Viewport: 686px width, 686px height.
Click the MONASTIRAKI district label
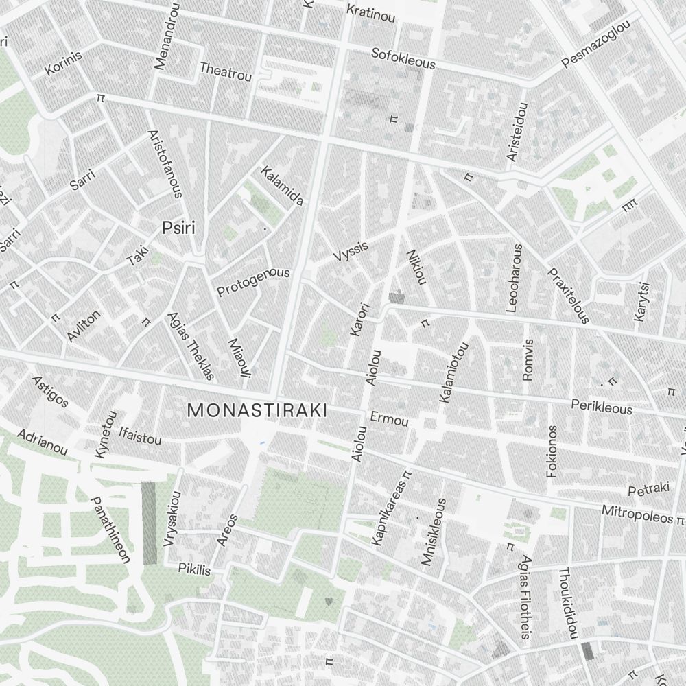pyautogui.click(x=257, y=410)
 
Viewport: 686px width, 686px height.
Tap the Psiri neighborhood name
pyautogui.click(x=178, y=228)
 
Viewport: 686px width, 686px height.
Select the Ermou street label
pyautogui.click(x=389, y=418)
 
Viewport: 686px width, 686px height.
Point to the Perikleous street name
pyautogui.click(x=601, y=406)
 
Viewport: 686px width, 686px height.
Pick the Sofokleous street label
pyautogui.click(x=403, y=58)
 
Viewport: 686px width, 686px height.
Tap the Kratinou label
pyautogui.click(x=371, y=13)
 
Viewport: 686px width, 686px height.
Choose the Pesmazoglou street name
pyautogui.click(x=595, y=49)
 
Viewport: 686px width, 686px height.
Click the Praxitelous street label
pyautogui.click(x=568, y=295)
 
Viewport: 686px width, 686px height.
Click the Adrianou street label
pyautogui.click(x=43, y=442)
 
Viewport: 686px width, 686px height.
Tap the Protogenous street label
pyautogui.click(x=253, y=282)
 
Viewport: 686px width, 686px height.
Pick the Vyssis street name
pyautogui.click(x=351, y=251)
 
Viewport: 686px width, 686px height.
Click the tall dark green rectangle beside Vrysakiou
pyautogui.click(x=149, y=523)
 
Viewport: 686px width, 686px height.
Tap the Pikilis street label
pyautogui.click(x=194, y=569)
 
